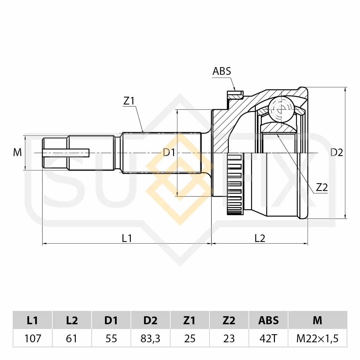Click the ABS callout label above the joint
[x=222, y=71]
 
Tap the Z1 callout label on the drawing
[x=129, y=101]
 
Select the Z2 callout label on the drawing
[x=322, y=187]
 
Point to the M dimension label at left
[x=17, y=152]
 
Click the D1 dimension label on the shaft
[x=169, y=152]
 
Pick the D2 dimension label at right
[x=337, y=152]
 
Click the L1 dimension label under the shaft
[x=127, y=238]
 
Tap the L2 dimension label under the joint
[x=260, y=238]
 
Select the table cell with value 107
[x=33, y=338]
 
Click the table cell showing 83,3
[x=150, y=338]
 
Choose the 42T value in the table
[x=268, y=338]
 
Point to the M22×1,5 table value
[x=317, y=338]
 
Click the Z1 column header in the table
[x=190, y=320]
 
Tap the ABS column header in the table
[x=268, y=320]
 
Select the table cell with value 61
[x=72, y=338]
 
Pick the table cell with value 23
[x=229, y=338]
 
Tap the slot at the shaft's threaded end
[x=66, y=153]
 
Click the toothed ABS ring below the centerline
[x=235, y=184]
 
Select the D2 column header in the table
[x=150, y=320]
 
